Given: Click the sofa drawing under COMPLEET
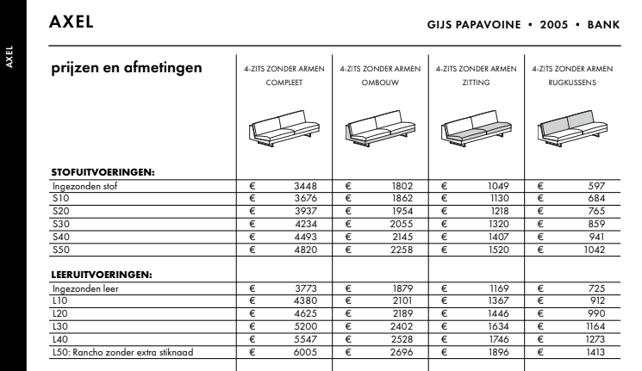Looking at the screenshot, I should (284, 128).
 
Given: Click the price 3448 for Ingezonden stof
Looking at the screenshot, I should (307, 185).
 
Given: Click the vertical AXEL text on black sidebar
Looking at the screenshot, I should (12, 62).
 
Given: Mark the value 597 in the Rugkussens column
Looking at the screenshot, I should (596, 185).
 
